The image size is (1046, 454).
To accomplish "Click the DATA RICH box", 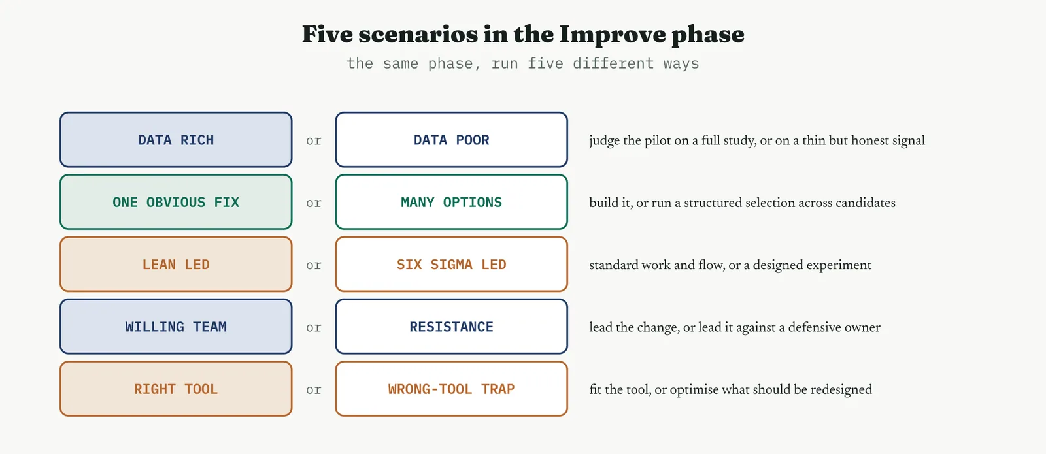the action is (x=176, y=140).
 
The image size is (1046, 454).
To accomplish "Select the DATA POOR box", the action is (x=452, y=140).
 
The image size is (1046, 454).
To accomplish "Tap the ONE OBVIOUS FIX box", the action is (x=176, y=202).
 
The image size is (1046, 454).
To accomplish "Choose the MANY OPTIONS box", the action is (x=452, y=202).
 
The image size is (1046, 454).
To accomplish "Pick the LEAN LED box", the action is (x=176, y=264).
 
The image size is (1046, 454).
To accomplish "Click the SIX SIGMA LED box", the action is (x=452, y=264).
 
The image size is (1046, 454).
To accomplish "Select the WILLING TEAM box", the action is (x=176, y=327).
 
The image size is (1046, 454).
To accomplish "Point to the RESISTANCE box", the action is (x=452, y=327).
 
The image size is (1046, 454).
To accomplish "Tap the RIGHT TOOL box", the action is (x=176, y=389).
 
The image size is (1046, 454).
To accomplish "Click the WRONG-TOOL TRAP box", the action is (x=452, y=389).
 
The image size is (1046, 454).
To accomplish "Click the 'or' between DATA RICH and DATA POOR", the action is (x=314, y=140).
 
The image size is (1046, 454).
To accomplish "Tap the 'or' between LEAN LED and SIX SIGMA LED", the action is (x=314, y=265).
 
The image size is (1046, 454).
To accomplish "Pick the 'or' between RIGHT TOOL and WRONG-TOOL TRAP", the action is (x=314, y=389).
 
